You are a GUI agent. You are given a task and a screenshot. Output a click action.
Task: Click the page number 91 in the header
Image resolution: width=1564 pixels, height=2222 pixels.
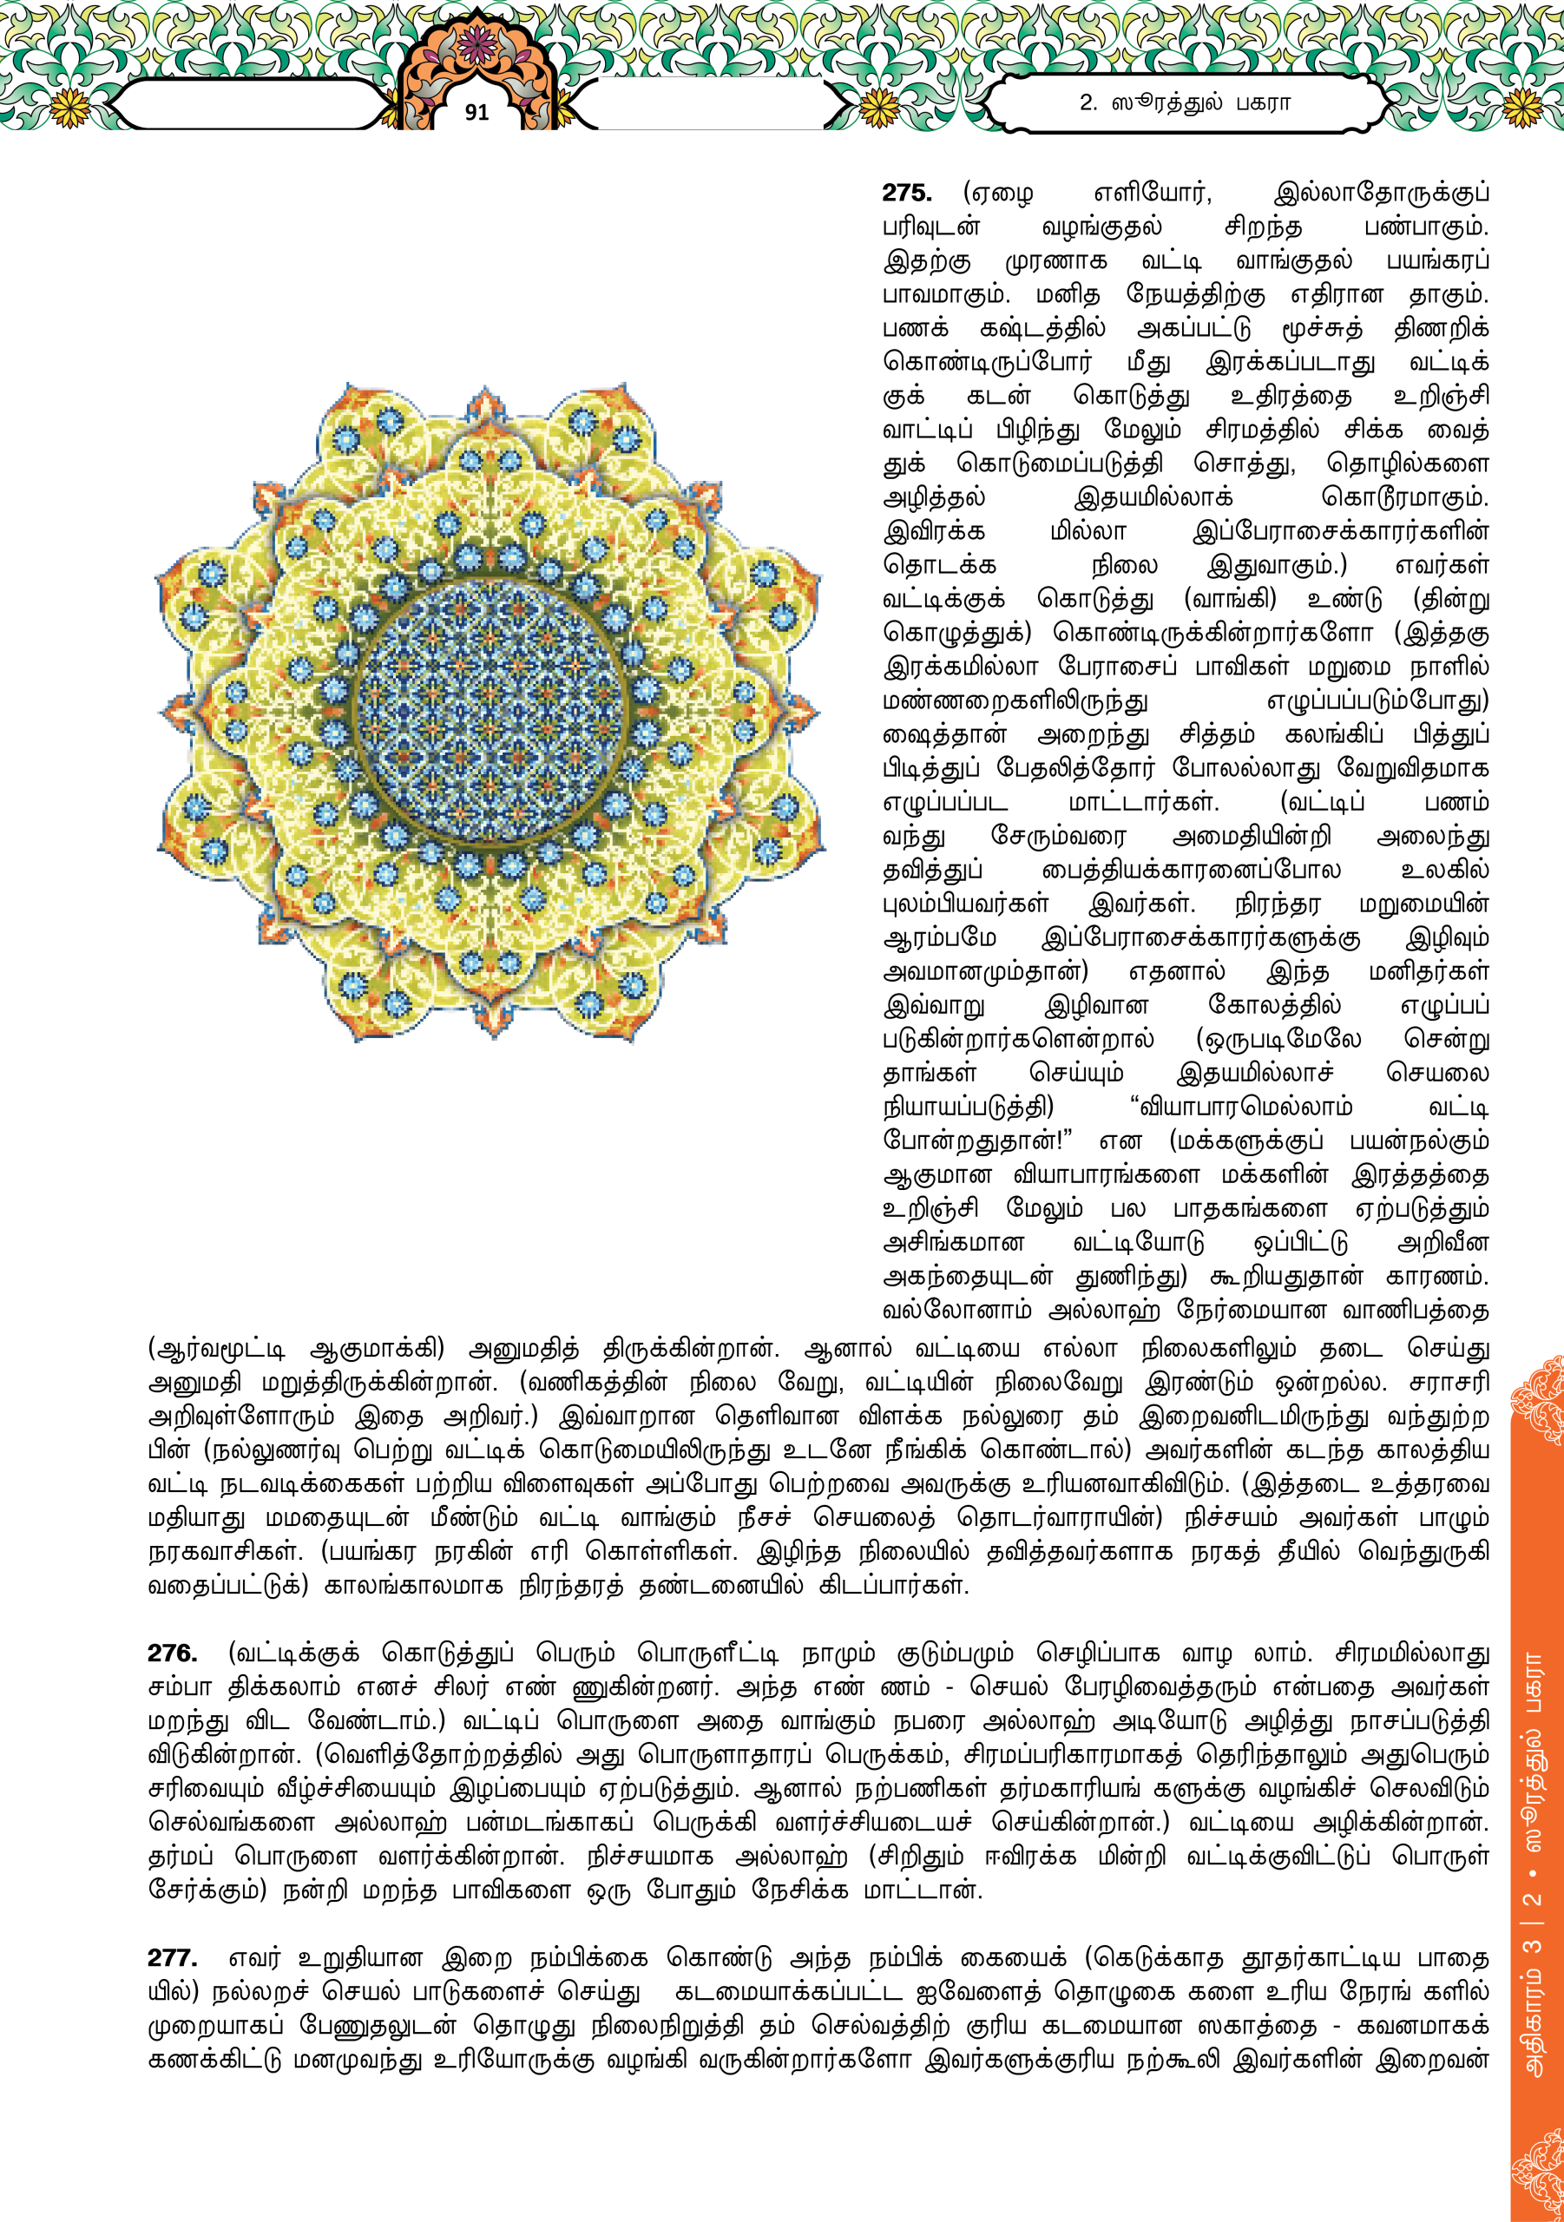pyautogui.click(x=476, y=112)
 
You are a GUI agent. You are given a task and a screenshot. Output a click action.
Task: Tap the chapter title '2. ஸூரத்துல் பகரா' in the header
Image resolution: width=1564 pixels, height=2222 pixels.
pyautogui.click(x=1185, y=102)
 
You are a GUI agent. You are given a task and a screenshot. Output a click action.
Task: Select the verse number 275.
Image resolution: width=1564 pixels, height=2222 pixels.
pyautogui.click(x=907, y=194)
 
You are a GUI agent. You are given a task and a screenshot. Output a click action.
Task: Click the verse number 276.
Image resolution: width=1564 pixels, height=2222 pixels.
pyautogui.click(x=172, y=1653)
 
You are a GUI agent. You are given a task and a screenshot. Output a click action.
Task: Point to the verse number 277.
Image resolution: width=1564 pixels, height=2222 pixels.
pyautogui.click(x=172, y=1958)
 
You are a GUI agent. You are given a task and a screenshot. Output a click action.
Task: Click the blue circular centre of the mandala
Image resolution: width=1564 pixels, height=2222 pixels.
pyautogui.click(x=490, y=712)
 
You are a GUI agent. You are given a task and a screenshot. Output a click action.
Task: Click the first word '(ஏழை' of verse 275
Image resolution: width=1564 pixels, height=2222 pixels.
pyautogui.click(x=998, y=194)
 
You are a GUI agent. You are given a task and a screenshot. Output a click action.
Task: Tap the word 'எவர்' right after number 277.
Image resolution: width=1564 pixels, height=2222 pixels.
pyautogui.click(x=253, y=1958)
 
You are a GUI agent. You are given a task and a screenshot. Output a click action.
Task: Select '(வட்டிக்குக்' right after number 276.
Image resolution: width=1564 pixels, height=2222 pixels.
pyautogui.click(x=293, y=1653)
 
